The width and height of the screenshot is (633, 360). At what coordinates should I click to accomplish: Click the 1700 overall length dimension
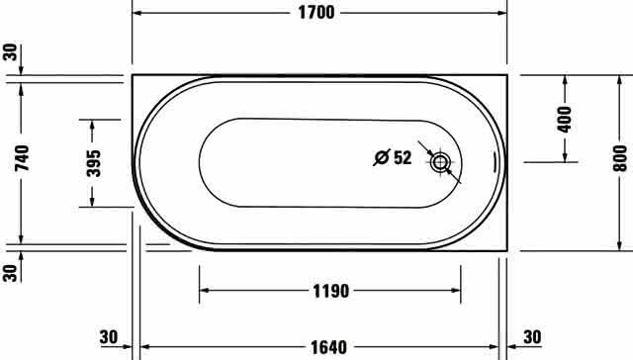[x=316, y=13]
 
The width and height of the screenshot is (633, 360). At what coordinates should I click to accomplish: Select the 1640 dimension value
[x=328, y=347]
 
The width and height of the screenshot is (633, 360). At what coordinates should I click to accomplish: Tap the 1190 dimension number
[x=331, y=291]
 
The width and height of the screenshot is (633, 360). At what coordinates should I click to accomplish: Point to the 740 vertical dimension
[x=22, y=158]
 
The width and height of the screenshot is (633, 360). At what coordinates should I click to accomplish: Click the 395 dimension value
[x=94, y=163]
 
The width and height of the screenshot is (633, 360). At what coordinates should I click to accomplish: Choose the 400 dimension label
[x=565, y=119]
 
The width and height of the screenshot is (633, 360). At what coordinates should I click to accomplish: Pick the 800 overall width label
[x=620, y=158]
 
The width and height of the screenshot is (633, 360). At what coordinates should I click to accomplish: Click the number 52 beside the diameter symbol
[x=403, y=157]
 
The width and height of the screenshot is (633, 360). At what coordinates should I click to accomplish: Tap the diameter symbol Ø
[x=382, y=157]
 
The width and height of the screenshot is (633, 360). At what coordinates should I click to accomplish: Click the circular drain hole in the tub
[x=439, y=162]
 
